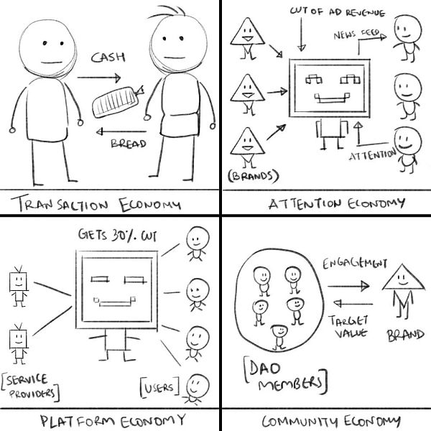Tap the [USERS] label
(x=158, y=388)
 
